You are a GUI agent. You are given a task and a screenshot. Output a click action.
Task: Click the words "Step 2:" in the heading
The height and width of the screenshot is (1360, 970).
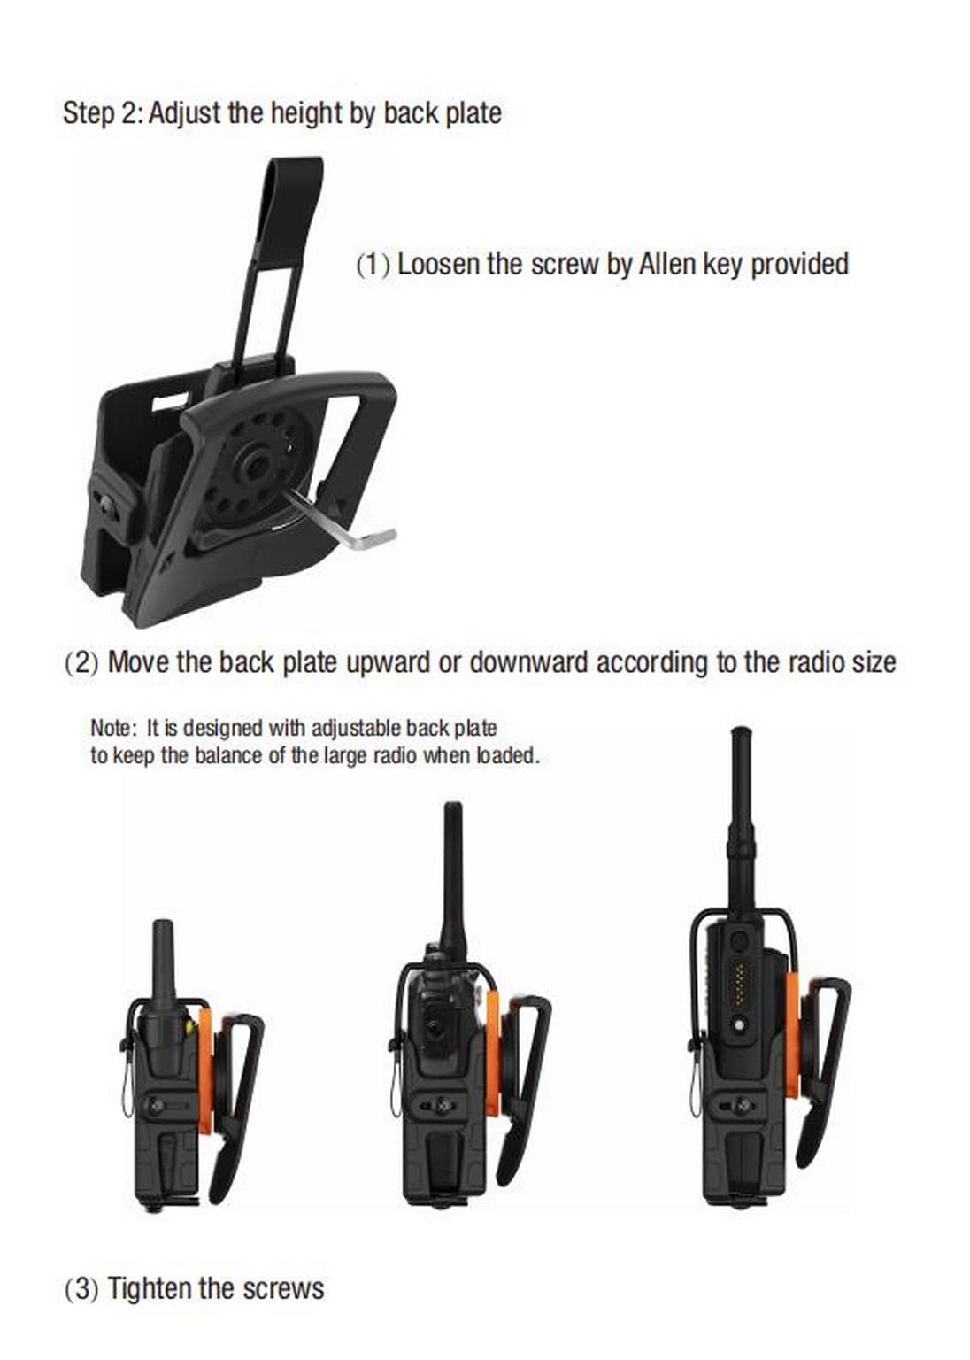tap(102, 113)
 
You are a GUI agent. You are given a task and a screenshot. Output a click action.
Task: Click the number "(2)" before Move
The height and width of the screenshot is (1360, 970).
tap(81, 661)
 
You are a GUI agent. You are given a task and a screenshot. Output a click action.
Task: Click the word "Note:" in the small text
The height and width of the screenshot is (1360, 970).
tap(110, 727)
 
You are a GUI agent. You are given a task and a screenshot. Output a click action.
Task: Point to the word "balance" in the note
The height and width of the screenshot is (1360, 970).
tap(231, 756)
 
